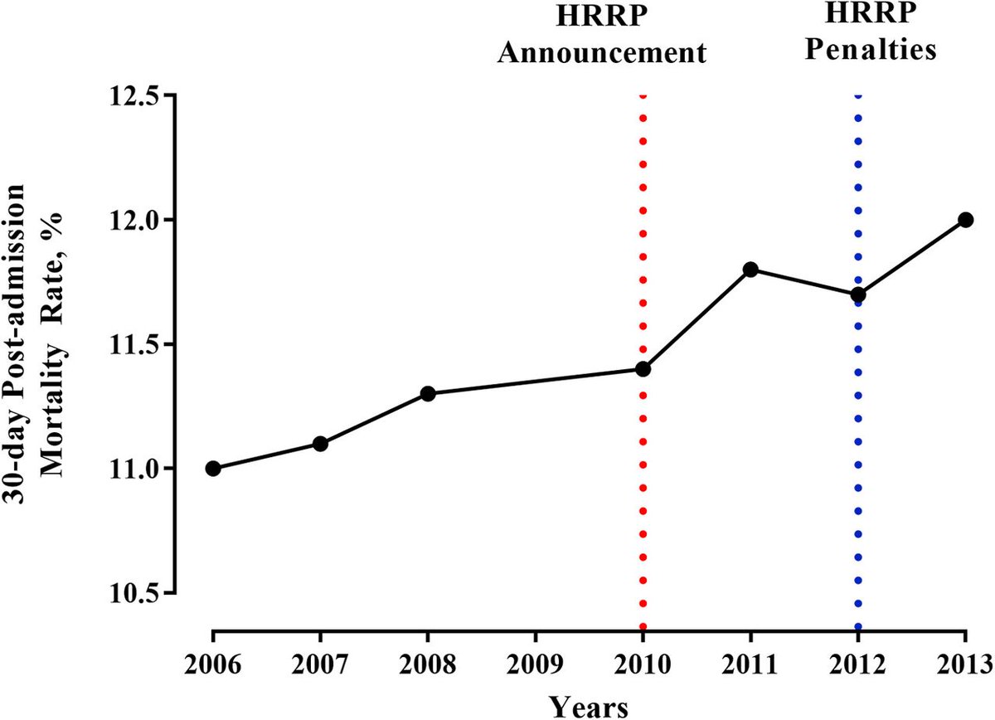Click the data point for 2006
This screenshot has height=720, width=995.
[x=213, y=469]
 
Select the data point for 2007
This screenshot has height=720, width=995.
[x=320, y=444]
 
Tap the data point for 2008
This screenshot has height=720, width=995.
[x=428, y=393]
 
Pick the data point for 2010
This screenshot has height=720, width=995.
[x=643, y=368]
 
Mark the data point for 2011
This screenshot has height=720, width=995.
[x=750, y=269]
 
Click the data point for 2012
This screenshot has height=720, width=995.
[x=858, y=294]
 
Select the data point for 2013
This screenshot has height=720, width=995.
[x=965, y=219]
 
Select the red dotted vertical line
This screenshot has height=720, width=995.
[x=643, y=498]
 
